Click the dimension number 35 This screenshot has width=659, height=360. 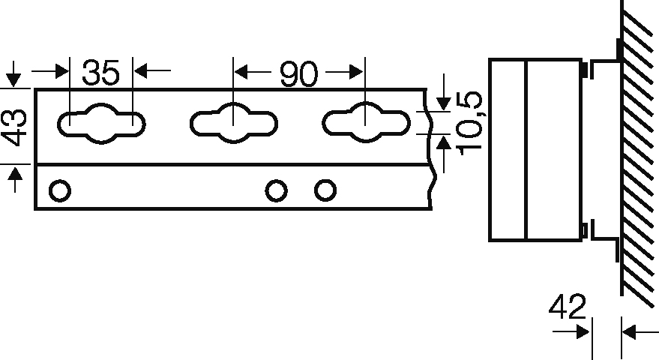point(101,72)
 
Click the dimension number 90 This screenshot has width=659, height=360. point(299,74)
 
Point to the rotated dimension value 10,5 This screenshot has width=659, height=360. point(470,123)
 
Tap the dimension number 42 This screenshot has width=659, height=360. point(568,307)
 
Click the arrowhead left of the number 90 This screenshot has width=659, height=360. point(241,72)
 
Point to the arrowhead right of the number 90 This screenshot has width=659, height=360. point(355,72)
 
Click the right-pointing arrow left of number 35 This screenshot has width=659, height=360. point(50,71)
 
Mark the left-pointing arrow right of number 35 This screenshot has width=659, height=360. point(152,70)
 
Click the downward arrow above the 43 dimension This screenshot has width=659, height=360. point(13,74)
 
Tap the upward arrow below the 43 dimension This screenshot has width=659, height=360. point(15,179)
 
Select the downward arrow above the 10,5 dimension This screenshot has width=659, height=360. point(443,92)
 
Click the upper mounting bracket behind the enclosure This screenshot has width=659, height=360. point(605,61)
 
